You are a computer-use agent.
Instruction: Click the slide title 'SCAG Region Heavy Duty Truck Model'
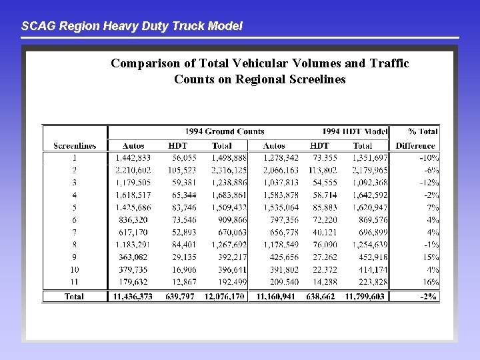(132, 26)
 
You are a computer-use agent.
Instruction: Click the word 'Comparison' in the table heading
(144, 63)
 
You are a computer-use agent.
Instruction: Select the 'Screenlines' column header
(75, 145)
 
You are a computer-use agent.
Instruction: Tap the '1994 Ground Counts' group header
(225, 131)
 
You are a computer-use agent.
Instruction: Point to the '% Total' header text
(423, 131)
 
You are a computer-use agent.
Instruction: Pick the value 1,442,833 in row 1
(133, 158)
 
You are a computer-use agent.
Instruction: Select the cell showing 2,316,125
(229, 170)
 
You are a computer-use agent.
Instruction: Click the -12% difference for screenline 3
(429, 183)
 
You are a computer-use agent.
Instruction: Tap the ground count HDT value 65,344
(183, 195)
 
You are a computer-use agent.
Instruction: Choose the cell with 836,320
(133, 219)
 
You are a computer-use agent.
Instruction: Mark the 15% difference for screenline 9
(431, 257)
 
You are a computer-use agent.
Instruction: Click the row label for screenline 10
(74, 269)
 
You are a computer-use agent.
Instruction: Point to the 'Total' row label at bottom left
(74, 296)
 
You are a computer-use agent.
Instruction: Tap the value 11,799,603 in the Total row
(365, 296)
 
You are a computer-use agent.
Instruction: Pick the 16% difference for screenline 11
(431, 281)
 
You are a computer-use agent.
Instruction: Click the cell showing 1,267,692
(229, 244)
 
